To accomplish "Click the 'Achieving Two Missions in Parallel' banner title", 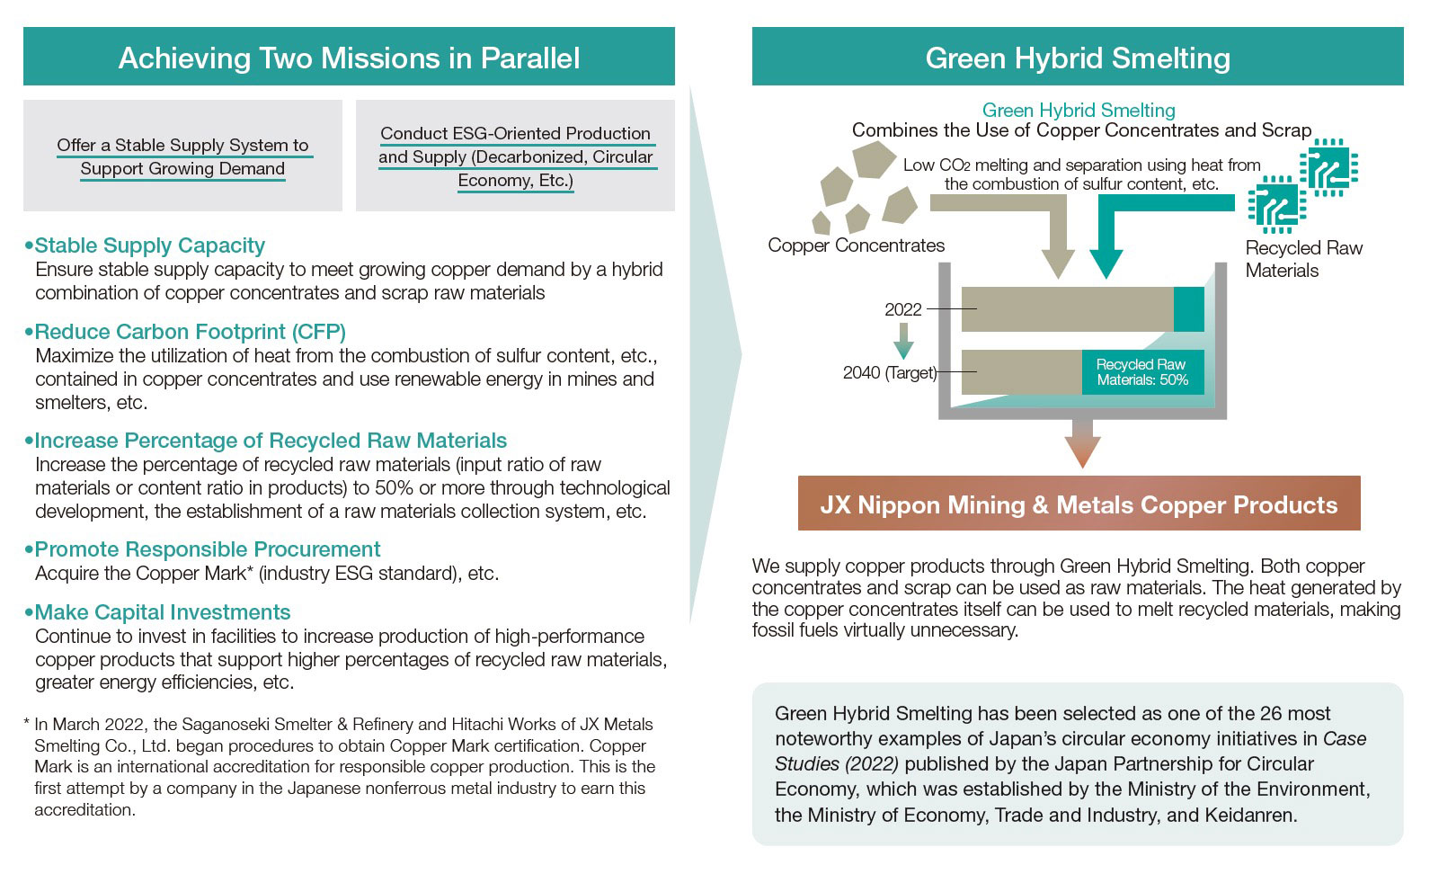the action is tap(349, 58).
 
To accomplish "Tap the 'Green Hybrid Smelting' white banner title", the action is tap(1078, 58).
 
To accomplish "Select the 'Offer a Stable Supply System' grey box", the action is tap(182, 156).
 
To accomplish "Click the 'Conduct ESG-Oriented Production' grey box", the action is tap(515, 156).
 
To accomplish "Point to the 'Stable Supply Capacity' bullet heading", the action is tap(149, 245).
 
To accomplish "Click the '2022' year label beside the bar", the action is tap(902, 310).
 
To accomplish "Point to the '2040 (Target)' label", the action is tap(889, 372).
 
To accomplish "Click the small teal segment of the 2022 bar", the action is tap(1189, 309).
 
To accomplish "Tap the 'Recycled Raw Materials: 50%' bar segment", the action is tap(1142, 372).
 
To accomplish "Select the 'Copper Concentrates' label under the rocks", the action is tap(856, 245).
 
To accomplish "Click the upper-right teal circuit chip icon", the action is tap(1328, 167).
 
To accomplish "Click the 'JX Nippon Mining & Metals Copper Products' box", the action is tap(1079, 504).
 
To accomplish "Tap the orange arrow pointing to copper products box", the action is tap(1082, 442).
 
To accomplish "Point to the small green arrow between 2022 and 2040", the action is tap(902, 341).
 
